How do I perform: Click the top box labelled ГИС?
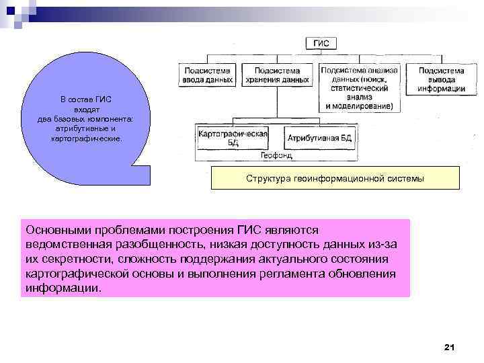pyautogui.click(x=322, y=44)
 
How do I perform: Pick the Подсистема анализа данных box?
pyautogui.click(x=359, y=87)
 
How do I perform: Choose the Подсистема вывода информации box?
pyautogui.click(x=441, y=79)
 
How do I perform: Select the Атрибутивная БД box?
pyautogui.click(x=319, y=138)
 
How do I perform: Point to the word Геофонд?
pyautogui.click(x=276, y=155)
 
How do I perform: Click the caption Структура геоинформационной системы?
pyautogui.click(x=335, y=179)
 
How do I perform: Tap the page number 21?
pyautogui.click(x=450, y=347)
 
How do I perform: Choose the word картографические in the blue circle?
pyautogui.click(x=87, y=138)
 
